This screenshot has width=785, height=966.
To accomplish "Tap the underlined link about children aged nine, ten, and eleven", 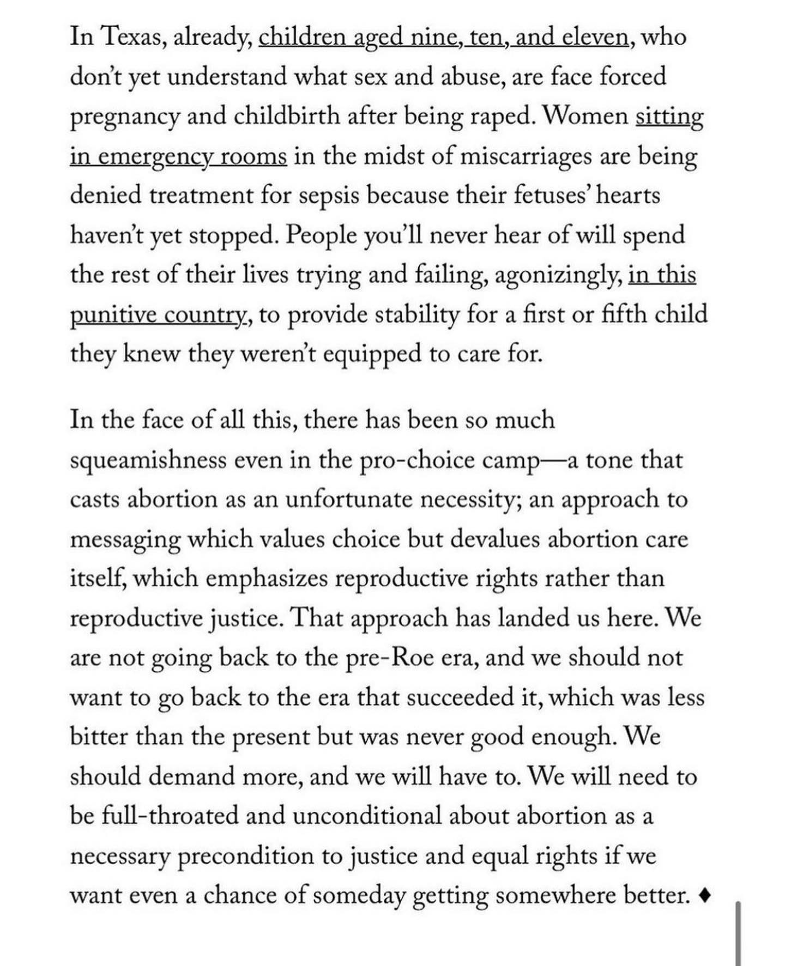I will tap(443, 37).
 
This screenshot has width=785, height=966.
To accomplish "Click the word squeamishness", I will tap(148, 460).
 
